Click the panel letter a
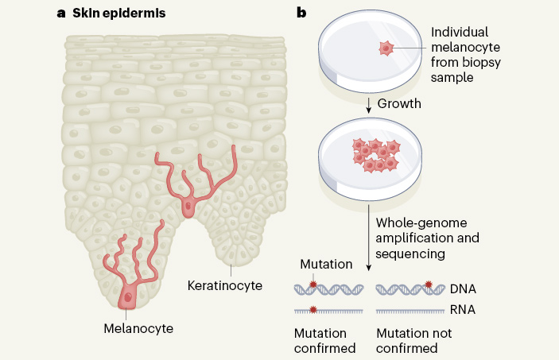(61, 13)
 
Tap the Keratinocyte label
(224, 284)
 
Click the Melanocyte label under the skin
(138, 327)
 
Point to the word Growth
(400, 103)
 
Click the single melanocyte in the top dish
(386, 48)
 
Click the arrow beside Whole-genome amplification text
(370, 238)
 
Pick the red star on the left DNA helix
(312, 285)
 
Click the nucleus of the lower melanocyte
(127, 296)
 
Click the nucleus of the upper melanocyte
(188, 207)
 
